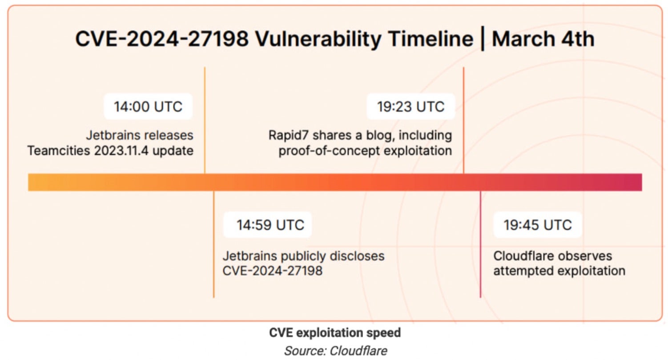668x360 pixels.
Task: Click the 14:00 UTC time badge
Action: [148, 106]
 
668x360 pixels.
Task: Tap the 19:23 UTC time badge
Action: [410, 106]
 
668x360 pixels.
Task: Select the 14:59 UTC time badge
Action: [267, 225]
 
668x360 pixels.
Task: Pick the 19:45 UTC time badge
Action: [538, 225]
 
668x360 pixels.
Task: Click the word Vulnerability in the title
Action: [318, 39]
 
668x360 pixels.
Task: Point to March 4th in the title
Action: [543, 39]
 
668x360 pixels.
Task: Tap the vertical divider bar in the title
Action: [482, 39]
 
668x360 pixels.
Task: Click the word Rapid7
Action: [288, 135]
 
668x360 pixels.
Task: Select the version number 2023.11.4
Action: [121, 151]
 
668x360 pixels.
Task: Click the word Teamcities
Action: [58, 151]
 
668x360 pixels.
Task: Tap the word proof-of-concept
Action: [329, 151]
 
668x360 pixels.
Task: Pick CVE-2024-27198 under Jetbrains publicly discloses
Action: [273, 271]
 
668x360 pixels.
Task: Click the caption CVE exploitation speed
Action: [335, 332]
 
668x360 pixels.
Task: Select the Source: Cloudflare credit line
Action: [335, 351]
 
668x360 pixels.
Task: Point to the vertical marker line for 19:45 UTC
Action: [480, 244]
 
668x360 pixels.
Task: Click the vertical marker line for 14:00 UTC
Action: [205, 120]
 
